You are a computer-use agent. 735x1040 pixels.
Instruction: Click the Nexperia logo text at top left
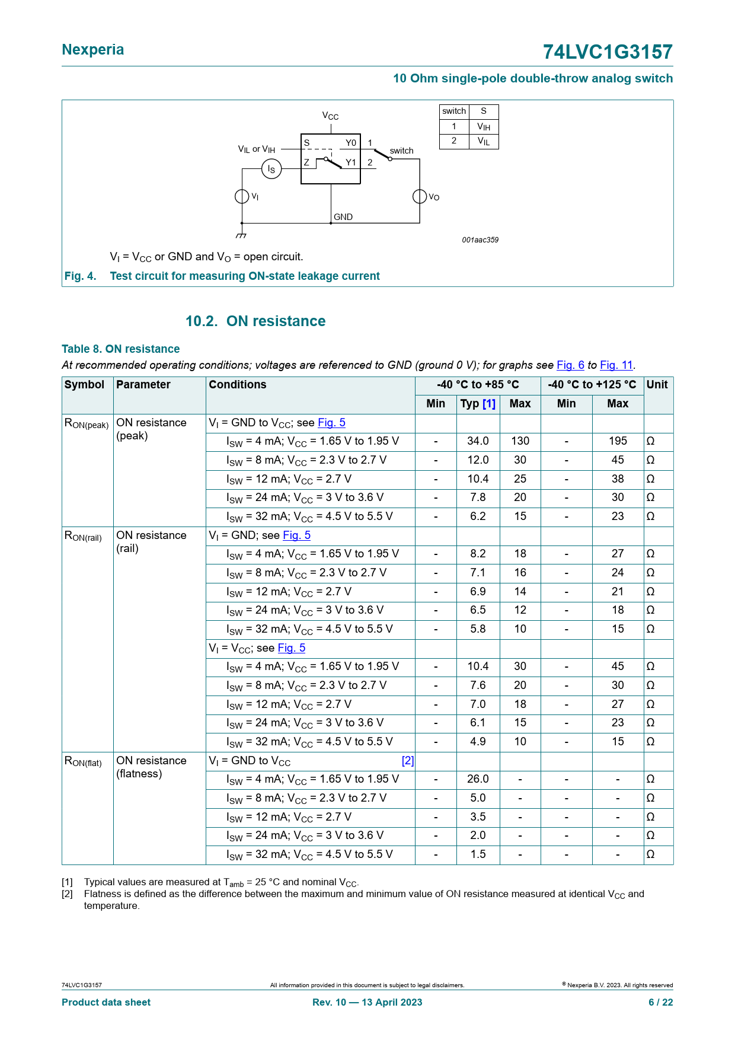[x=93, y=50]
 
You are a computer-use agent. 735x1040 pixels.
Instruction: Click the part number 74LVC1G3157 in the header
[x=608, y=52]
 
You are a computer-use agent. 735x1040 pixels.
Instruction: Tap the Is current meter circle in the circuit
[x=271, y=169]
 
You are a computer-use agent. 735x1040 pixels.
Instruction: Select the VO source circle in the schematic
[x=420, y=196]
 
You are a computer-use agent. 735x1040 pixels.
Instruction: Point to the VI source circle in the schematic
[x=242, y=196]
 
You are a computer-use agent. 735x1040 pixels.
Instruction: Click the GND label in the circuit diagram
[x=343, y=217]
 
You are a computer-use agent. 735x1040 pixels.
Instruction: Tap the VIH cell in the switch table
[x=484, y=126]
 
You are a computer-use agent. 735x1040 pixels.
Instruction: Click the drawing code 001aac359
[x=480, y=240]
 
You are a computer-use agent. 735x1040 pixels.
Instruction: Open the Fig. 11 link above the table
[x=616, y=365]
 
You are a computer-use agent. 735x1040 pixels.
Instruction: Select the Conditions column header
[x=238, y=385]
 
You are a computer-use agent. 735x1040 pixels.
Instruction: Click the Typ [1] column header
[x=478, y=404]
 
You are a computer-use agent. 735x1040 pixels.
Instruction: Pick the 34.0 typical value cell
[x=478, y=441]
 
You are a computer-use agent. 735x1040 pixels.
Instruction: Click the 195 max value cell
[x=618, y=441]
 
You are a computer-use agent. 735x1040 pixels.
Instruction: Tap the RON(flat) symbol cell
[x=83, y=761]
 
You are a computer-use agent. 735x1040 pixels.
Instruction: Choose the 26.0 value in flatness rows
[x=478, y=779]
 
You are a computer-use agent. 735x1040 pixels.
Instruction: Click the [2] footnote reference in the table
[x=408, y=761]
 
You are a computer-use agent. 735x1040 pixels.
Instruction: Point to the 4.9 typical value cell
[x=478, y=742]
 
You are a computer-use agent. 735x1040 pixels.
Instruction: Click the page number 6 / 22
[x=660, y=1002]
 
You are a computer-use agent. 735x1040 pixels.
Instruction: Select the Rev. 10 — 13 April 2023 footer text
[x=367, y=1002]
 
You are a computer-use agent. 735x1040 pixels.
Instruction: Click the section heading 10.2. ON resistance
[x=255, y=321]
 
